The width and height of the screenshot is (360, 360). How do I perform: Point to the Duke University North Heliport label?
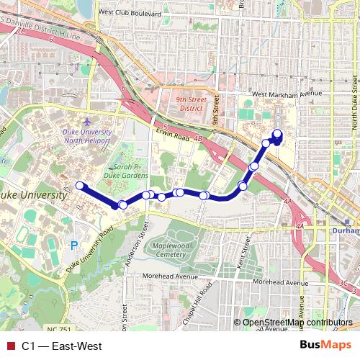tap(89, 136)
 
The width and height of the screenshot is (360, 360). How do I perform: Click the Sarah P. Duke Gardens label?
tap(125, 170)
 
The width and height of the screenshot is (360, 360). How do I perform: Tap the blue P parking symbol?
tap(73, 246)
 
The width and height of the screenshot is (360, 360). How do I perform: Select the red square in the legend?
tap(10, 346)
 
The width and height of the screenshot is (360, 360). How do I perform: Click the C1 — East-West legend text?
tap(61, 346)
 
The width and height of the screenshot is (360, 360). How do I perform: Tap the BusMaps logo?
tap(325, 346)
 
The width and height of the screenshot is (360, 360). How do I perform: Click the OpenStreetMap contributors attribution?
tap(297, 323)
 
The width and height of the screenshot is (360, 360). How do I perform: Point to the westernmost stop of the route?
tap(80, 186)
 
